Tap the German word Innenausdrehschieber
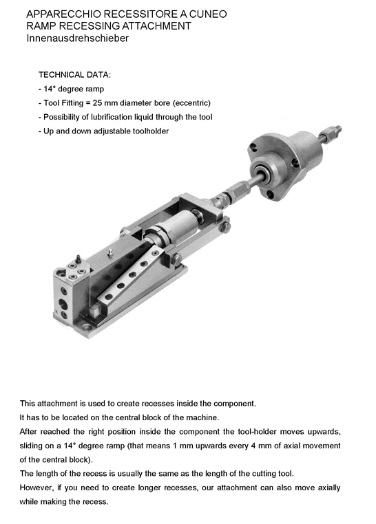click(78, 38)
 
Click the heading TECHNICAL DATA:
click(74, 75)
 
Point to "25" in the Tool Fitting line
click(97, 103)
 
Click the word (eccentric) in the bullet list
click(191, 103)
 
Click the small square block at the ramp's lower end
click(94, 309)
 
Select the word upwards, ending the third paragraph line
click(324, 432)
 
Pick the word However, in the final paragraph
click(36, 488)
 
